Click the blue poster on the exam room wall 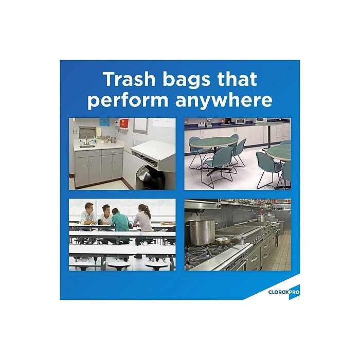(x=104, y=122)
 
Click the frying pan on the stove (x=223, y=240)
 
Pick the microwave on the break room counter (x=240, y=121)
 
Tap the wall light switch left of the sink (x=75, y=132)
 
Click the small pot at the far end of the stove (x=262, y=218)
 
